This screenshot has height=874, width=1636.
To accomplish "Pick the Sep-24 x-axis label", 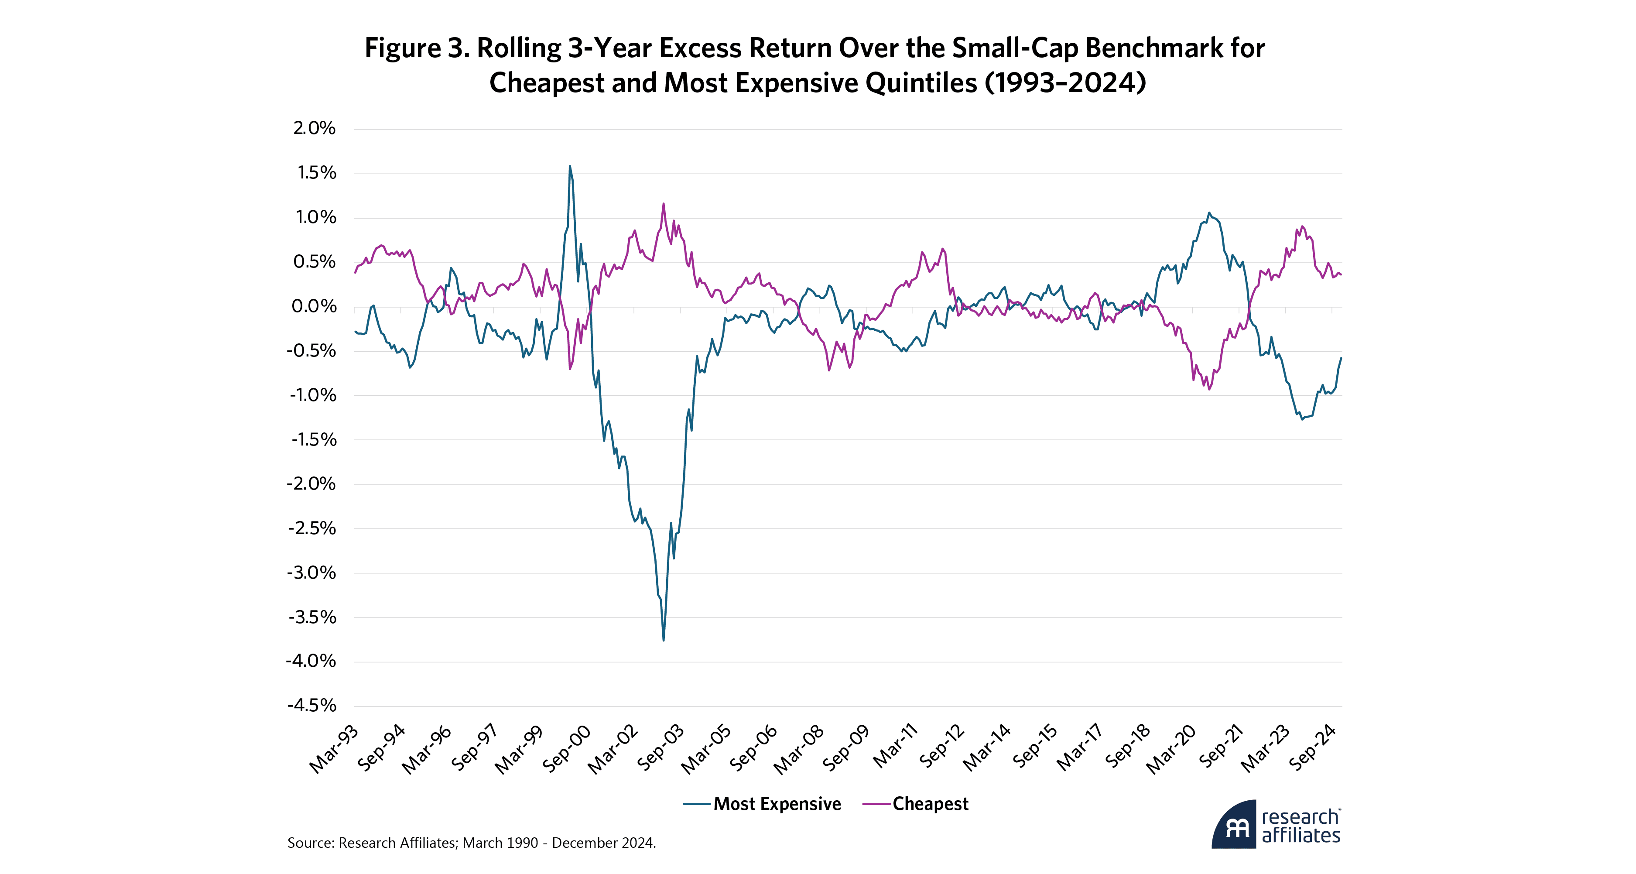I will pyautogui.click(x=1312, y=748).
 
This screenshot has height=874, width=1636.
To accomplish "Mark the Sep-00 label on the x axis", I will pyautogui.click(x=567, y=750).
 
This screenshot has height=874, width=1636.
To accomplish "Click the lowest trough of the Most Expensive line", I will pyautogui.click(x=663, y=640).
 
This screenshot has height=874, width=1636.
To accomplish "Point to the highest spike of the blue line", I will pyautogui.click(x=570, y=166).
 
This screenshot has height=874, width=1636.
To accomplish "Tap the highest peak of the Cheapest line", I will pyautogui.click(x=664, y=204).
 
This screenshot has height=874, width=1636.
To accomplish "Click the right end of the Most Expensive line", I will pyautogui.click(x=1341, y=358).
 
